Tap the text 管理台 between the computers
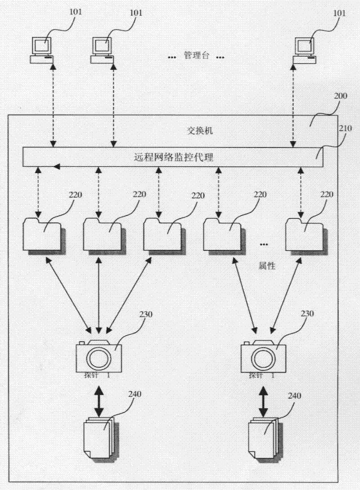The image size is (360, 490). point(196,56)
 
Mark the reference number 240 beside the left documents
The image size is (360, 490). point(135,395)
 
